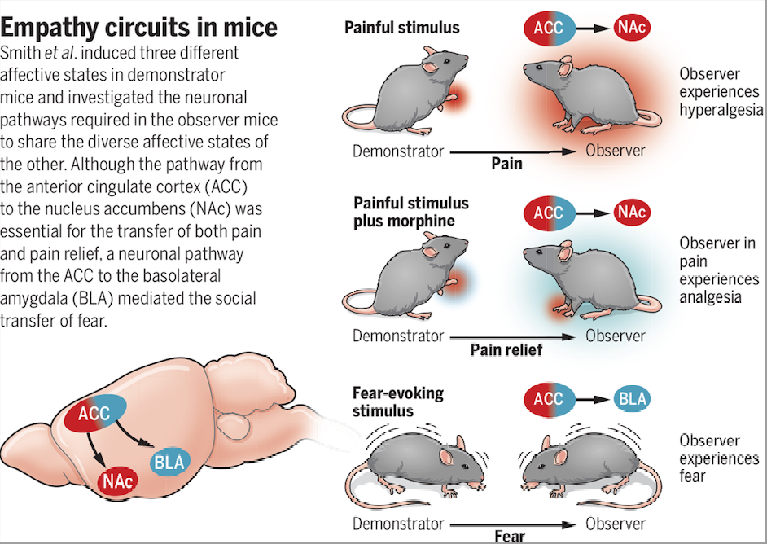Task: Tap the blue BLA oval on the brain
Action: (169, 464)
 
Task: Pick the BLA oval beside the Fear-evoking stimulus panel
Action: (633, 398)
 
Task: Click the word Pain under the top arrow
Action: (506, 164)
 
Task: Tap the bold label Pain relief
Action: (506, 349)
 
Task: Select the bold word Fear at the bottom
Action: (509, 537)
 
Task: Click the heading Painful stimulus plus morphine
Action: (410, 212)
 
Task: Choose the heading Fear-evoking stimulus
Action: (398, 401)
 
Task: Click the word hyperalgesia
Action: (721, 109)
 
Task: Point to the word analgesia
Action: (710, 297)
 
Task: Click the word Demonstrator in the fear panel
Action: (398, 524)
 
